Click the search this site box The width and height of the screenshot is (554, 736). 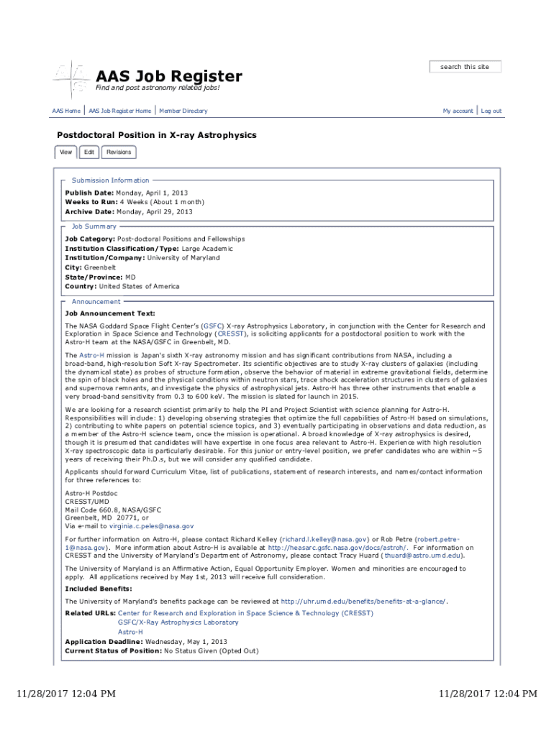[x=465, y=67]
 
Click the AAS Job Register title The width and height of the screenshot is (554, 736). [x=169, y=76]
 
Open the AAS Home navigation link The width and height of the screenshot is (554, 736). [x=66, y=111]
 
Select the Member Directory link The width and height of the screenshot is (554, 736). [x=183, y=111]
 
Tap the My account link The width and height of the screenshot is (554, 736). [x=458, y=111]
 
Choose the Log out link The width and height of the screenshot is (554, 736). [x=491, y=111]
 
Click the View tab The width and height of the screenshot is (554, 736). [x=65, y=152]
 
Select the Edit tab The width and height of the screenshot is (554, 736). [x=88, y=152]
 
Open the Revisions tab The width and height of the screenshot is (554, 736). [x=119, y=152]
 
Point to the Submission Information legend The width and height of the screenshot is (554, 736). [x=110, y=180]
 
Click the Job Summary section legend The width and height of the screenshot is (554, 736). [x=94, y=226]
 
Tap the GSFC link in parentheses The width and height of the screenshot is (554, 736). [x=213, y=326]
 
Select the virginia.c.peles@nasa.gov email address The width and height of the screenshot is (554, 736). [x=151, y=526]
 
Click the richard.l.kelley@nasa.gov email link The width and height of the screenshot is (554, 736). [x=325, y=538]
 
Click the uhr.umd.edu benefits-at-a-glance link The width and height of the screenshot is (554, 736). [x=363, y=601]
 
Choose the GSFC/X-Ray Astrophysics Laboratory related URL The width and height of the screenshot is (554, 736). [x=178, y=622]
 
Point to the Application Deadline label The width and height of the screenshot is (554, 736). [x=104, y=641]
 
